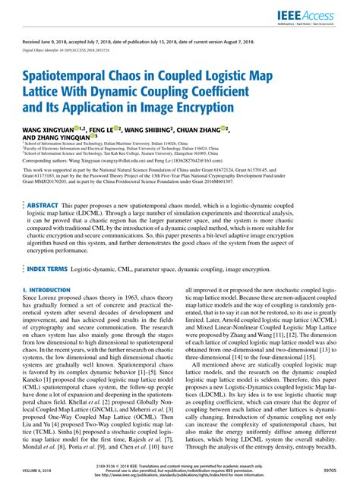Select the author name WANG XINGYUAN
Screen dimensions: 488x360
point(49,130)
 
